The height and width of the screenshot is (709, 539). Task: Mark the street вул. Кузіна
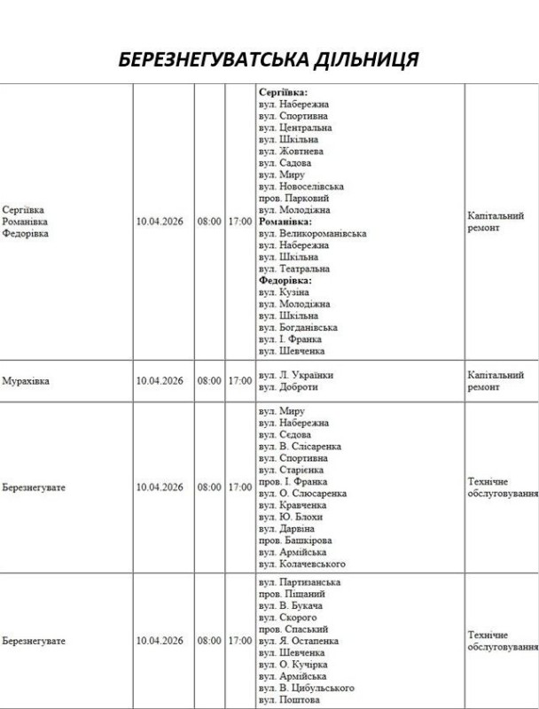284,292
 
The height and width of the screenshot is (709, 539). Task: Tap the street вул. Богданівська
297,327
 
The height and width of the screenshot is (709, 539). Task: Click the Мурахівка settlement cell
26,381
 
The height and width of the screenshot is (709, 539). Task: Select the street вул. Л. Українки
296,375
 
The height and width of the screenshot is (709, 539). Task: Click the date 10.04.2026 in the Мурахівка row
160,381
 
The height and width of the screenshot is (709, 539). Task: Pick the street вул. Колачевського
302,563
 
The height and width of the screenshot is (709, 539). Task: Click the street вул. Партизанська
300,582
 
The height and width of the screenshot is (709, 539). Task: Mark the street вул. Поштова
289,698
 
